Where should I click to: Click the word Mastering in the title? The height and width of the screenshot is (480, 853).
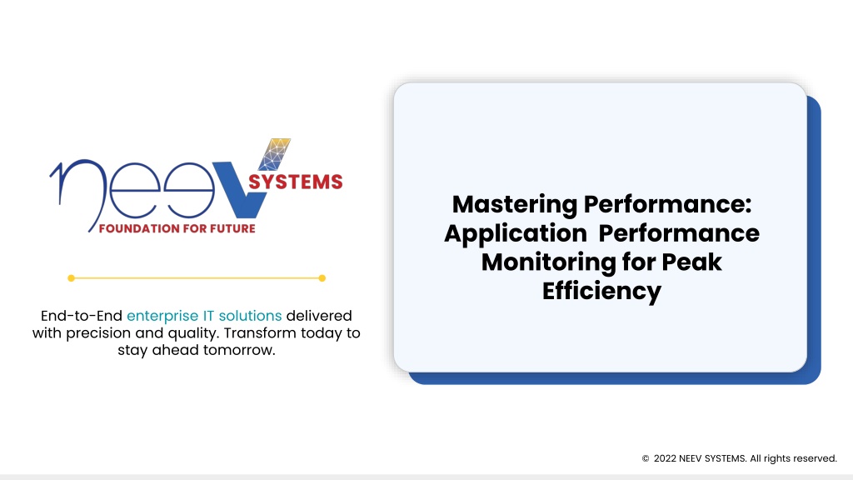coord(515,205)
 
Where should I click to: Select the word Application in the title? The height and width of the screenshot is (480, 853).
coord(516,234)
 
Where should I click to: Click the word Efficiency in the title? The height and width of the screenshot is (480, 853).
coord(601,291)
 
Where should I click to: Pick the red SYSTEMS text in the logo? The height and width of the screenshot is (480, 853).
coord(296,182)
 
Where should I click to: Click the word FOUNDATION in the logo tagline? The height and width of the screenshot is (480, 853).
coord(139,228)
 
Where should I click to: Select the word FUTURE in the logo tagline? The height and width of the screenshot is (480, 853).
coord(233,228)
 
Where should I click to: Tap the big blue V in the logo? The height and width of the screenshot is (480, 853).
coord(242,187)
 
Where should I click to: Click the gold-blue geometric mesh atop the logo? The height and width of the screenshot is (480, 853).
coord(275,154)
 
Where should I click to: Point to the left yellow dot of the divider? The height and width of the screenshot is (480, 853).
coord(72,278)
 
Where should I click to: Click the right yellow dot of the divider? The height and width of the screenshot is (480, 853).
coord(322,278)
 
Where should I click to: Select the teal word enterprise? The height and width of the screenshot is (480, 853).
coord(162,316)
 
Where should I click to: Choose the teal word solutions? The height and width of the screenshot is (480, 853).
coord(250,316)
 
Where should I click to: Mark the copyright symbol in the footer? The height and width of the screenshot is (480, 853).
coord(646,459)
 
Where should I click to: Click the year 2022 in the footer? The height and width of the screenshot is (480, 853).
coord(665,458)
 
